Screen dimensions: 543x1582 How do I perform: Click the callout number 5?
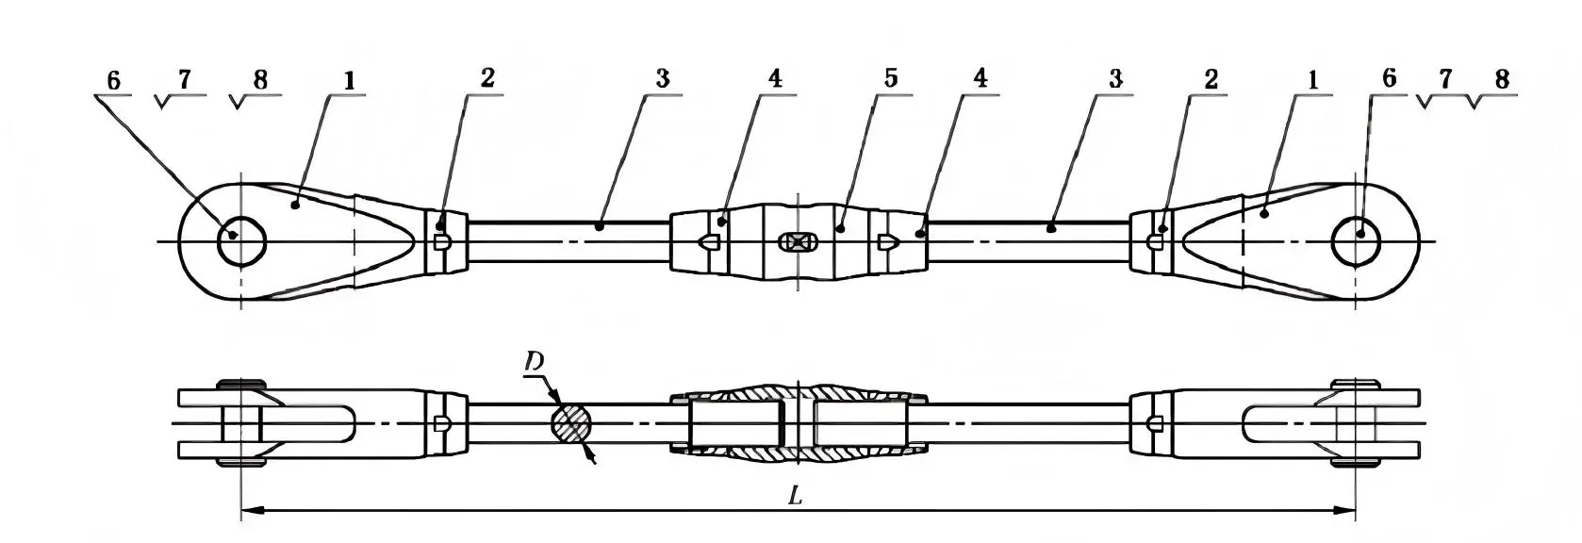[x=889, y=78]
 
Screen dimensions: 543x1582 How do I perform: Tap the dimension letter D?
[x=534, y=362]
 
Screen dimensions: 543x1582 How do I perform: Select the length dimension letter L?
[x=795, y=496]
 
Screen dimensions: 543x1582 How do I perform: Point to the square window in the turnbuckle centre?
[x=798, y=242]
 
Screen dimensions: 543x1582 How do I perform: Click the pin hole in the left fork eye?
[x=241, y=242]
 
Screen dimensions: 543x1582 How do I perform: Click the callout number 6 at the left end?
[x=113, y=80]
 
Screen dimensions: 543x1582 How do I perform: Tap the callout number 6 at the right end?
[x=1388, y=78]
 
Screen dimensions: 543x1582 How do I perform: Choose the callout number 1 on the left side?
[x=349, y=80]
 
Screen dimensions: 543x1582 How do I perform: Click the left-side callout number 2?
[x=486, y=78]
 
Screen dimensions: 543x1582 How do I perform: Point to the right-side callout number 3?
[x=1115, y=78]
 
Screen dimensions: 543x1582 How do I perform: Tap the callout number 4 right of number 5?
[x=981, y=78]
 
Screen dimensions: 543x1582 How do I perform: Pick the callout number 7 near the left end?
[x=184, y=79]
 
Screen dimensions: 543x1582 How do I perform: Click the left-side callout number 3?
[x=662, y=78]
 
